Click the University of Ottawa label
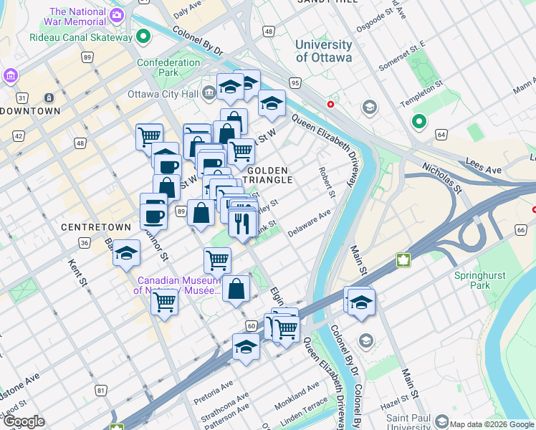pyautogui.click(x=324, y=51)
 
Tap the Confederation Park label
pyautogui.click(x=168, y=67)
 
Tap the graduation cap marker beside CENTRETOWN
pyautogui.click(x=126, y=254)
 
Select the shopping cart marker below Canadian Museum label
pyautogui.click(x=165, y=302)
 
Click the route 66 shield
pyautogui.click(x=520, y=229)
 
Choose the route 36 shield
pyautogui.click(x=85, y=243)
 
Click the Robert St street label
pyautogui.click(x=326, y=183)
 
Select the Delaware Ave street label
pyautogui.click(x=309, y=224)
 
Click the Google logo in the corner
pyautogui.click(x=24, y=421)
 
